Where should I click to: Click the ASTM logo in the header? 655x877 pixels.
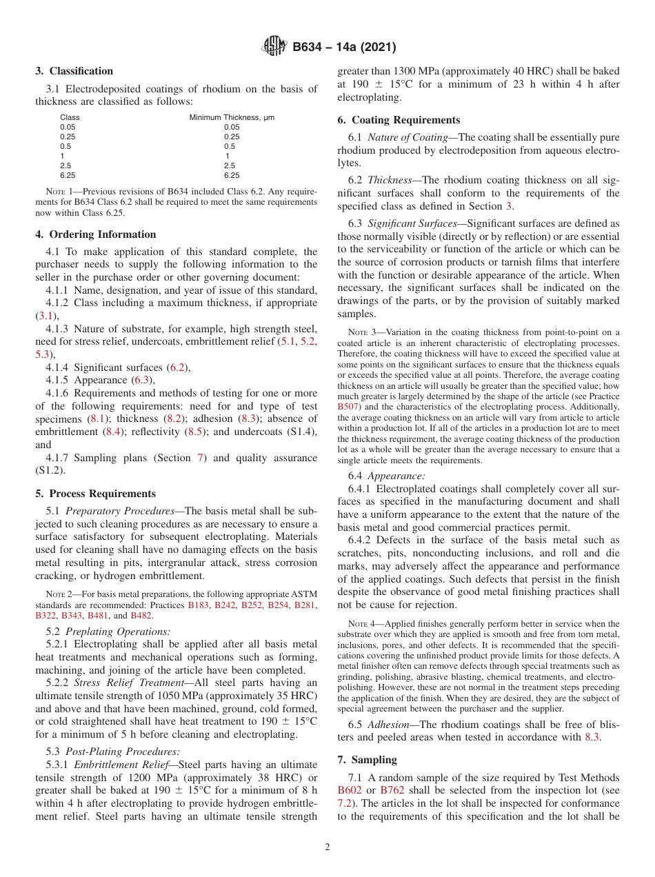pyautogui.click(x=275, y=48)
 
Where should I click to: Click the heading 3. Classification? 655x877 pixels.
pyautogui.click(x=74, y=71)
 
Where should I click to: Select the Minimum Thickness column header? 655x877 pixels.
pyautogui.click(x=232, y=117)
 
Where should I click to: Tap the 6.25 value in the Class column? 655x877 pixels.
pyautogui.click(x=68, y=175)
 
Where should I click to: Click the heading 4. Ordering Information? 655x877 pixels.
pyautogui.click(x=96, y=234)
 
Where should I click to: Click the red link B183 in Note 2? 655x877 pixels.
pyautogui.click(x=198, y=605)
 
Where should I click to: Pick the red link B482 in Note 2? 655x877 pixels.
pyautogui.click(x=141, y=615)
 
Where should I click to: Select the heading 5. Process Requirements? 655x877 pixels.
pyautogui.click(x=96, y=494)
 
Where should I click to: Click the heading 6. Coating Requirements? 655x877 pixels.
pyautogui.click(x=399, y=120)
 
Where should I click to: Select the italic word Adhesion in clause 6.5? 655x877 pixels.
pyautogui.click(x=386, y=724)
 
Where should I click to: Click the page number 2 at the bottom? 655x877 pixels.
pyautogui.click(x=327, y=847)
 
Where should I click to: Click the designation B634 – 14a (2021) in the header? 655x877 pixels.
pyautogui.click(x=344, y=48)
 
